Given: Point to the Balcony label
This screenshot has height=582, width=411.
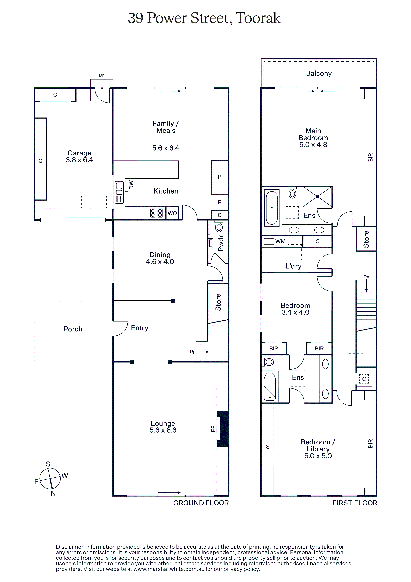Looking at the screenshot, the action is (319, 74).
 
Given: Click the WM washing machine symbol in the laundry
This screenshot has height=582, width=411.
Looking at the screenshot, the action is (269, 241).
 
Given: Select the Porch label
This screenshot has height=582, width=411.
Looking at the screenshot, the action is (73, 329).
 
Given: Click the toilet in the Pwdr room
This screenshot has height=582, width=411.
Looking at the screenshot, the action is (219, 227).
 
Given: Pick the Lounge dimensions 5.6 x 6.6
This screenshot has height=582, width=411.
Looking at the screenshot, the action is (163, 430).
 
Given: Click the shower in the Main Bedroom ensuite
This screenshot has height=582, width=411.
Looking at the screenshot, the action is (317, 197).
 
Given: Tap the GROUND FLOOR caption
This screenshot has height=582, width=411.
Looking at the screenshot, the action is (201, 503).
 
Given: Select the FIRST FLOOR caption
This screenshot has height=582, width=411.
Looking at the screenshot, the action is (355, 503).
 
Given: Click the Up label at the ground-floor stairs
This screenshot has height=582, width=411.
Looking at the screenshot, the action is (193, 352).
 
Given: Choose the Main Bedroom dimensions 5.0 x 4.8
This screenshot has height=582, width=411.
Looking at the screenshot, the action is (313, 145).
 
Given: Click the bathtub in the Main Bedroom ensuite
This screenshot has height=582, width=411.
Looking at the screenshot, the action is (272, 208).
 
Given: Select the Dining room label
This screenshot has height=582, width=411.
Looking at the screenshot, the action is (160, 255).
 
